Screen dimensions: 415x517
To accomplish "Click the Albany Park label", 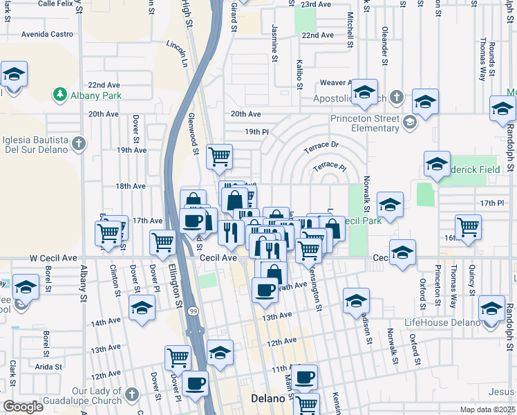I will [95, 95].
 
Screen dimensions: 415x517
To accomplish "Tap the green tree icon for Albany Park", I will [61, 95].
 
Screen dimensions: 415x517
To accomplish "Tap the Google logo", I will [23, 407].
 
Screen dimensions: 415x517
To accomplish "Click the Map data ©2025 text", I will [487, 409].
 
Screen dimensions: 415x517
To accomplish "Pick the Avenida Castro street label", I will [47, 33].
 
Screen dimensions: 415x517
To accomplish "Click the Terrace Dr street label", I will [322, 147].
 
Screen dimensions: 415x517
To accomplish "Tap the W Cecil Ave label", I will [53, 257].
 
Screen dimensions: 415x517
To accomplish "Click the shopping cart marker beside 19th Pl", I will [219, 156].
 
